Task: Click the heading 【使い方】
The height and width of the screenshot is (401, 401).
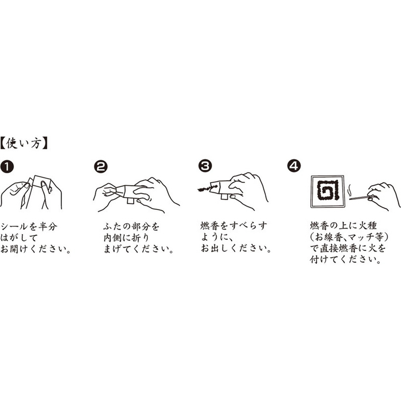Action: [x=24, y=144]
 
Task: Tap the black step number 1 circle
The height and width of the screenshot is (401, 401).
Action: [x=7, y=167]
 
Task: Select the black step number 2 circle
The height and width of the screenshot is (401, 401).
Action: [x=101, y=167]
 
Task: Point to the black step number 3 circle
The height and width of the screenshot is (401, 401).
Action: [x=205, y=166]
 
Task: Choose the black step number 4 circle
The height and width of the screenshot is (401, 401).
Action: [x=294, y=166]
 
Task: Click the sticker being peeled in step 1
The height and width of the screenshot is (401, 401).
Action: [x=41, y=181]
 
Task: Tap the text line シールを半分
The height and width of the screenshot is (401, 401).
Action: [x=29, y=227]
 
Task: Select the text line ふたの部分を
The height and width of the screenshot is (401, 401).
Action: [x=132, y=227]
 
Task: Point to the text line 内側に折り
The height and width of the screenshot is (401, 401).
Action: [x=126, y=238]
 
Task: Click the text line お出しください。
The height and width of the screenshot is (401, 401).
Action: [x=236, y=248]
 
